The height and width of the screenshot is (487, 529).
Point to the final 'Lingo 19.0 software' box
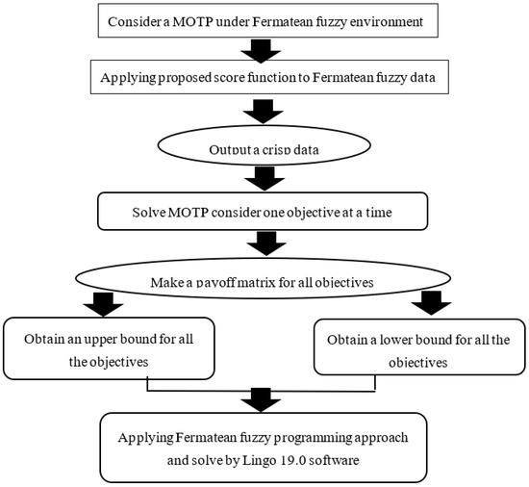tap(264, 446)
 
